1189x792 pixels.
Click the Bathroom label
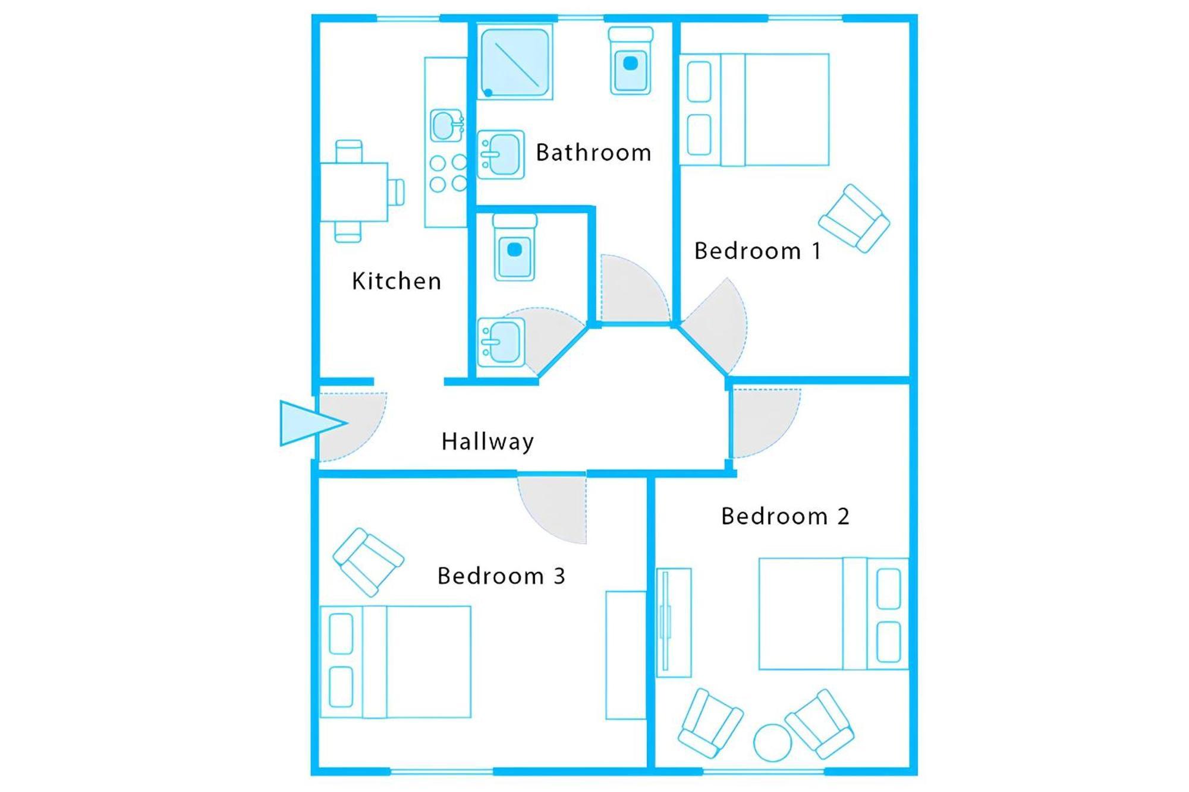click(x=593, y=153)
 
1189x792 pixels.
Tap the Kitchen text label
click(x=397, y=281)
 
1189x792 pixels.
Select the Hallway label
click(x=487, y=442)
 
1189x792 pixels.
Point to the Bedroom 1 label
click(x=757, y=251)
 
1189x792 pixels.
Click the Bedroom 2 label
click(x=785, y=516)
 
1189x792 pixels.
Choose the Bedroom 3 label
click(x=501, y=576)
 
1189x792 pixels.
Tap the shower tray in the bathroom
click(x=515, y=62)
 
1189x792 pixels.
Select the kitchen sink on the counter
click(x=446, y=125)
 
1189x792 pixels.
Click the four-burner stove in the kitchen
click(x=448, y=173)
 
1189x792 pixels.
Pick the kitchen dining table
click(x=354, y=192)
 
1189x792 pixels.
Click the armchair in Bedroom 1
click(x=854, y=219)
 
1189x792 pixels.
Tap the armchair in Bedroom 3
click(x=369, y=562)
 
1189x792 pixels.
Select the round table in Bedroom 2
click(x=773, y=743)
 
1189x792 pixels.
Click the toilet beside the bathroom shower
click(x=631, y=61)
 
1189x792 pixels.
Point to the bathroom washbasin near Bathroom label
click(x=501, y=154)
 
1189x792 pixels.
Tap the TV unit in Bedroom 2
click(x=674, y=623)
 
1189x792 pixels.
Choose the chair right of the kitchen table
click(x=397, y=192)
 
